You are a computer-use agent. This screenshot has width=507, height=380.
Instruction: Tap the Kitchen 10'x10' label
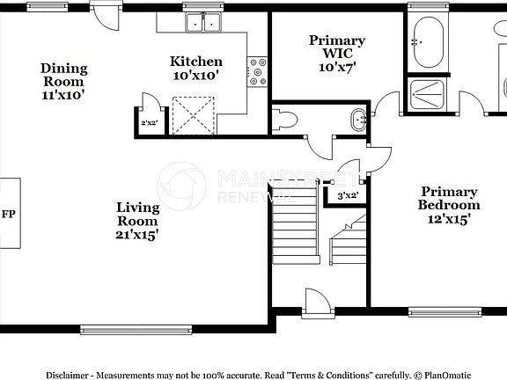click(x=195, y=69)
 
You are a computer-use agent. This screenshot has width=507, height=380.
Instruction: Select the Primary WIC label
click(x=336, y=53)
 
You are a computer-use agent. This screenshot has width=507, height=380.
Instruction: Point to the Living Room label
click(x=138, y=221)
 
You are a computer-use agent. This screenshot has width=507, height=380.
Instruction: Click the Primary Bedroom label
click(x=449, y=205)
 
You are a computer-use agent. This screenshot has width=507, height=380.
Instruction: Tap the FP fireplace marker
click(x=9, y=214)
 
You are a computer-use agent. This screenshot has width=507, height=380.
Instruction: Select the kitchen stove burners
click(x=257, y=72)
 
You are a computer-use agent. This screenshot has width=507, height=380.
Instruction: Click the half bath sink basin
click(x=357, y=120)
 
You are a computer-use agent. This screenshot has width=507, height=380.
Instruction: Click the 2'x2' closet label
click(x=148, y=123)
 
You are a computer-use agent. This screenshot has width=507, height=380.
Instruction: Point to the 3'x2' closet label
click(x=348, y=195)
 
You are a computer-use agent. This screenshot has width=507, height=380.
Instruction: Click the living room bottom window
click(x=136, y=330)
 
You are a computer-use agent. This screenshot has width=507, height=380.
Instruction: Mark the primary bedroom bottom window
click(x=445, y=311)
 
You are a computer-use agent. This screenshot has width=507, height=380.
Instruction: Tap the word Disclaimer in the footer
click(x=68, y=374)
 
